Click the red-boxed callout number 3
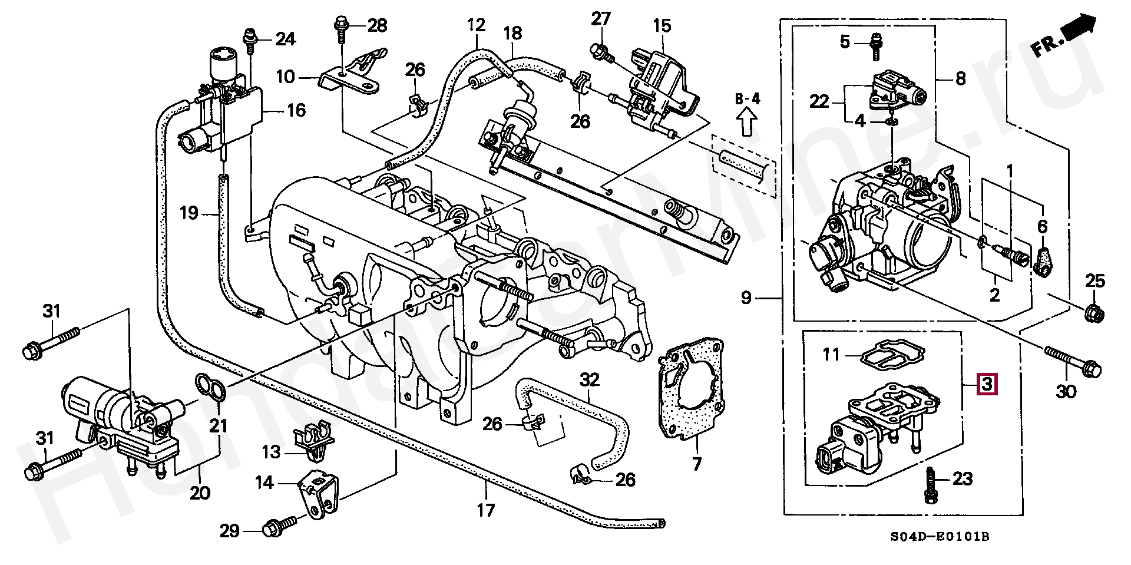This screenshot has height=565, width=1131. (x=987, y=384)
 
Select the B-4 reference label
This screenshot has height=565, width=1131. (x=747, y=98)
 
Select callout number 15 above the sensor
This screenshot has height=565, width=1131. (x=662, y=25)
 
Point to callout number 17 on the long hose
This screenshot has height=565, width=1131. (x=486, y=510)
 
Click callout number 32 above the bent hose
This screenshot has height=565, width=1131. (x=590, y=380)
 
